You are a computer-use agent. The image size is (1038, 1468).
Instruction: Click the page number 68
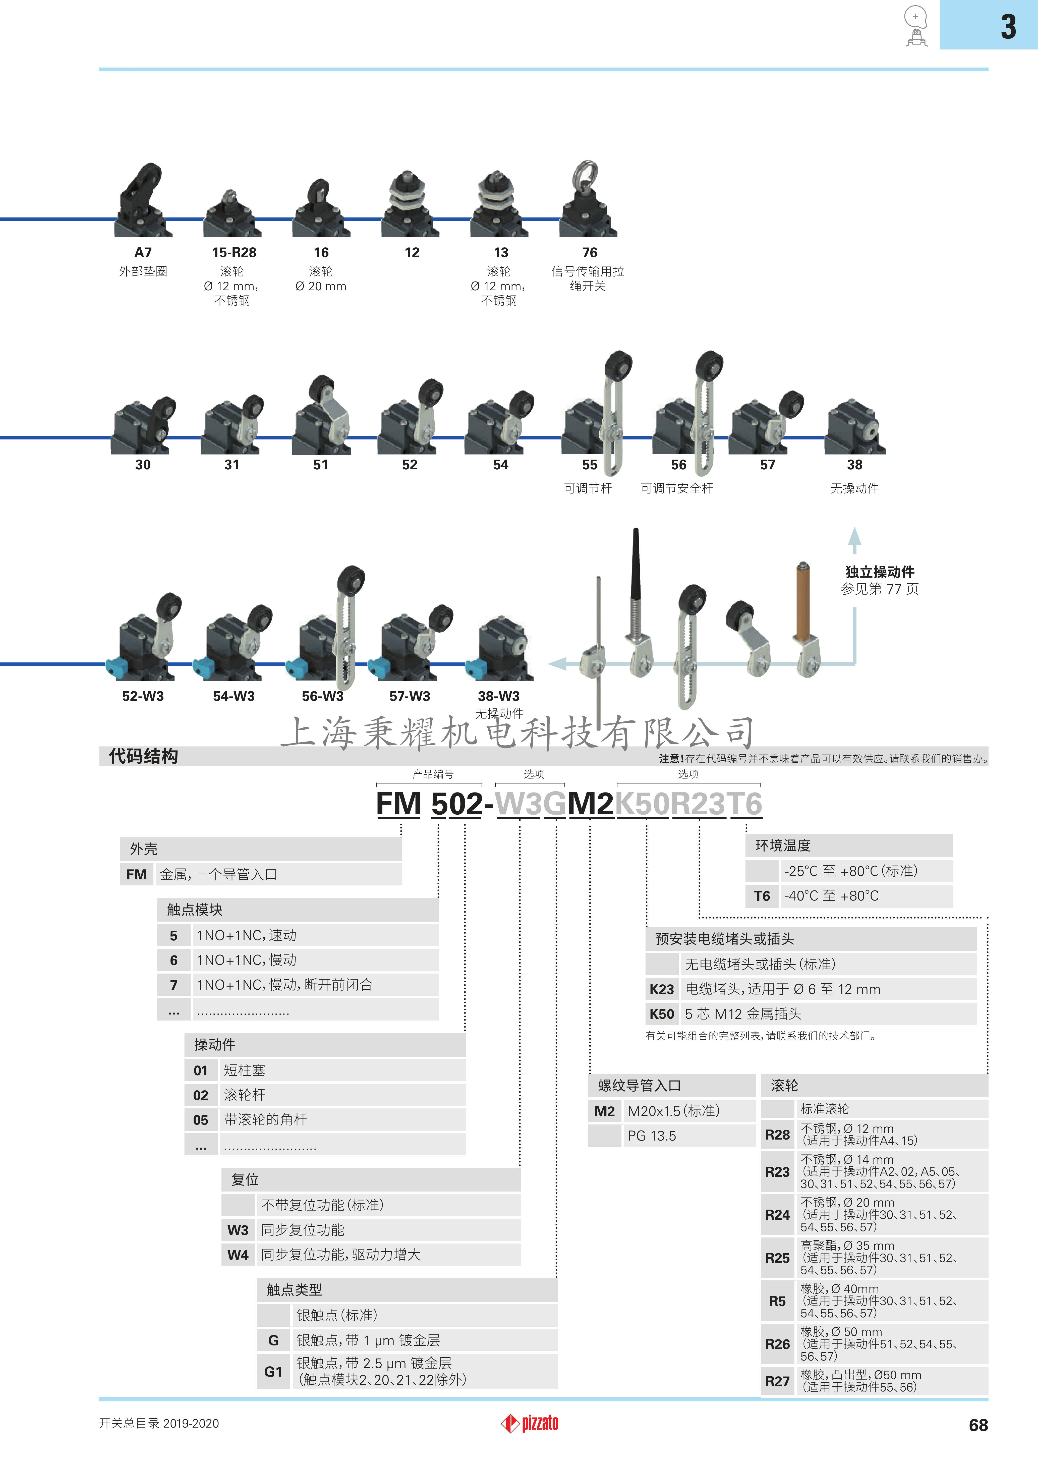pos(978,1425)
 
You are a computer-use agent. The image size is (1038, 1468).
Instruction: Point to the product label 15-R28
pos(234,253)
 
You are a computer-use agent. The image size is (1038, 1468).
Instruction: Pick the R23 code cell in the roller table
pos(777,1171)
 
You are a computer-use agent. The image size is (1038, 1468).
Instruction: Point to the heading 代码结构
pos(143,756)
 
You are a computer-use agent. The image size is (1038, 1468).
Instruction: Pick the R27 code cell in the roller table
pos(777,1381)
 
